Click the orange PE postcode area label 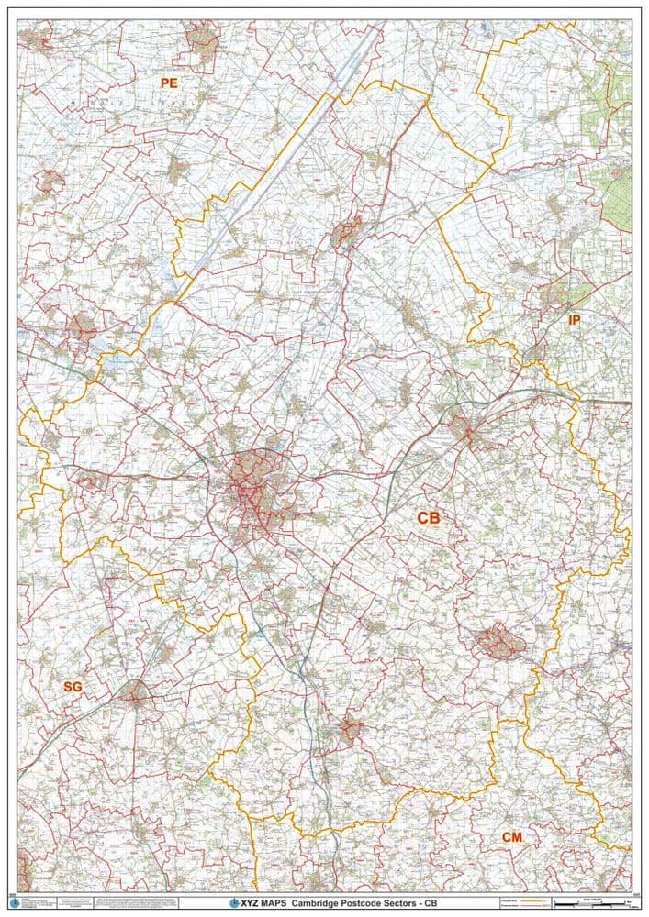[169, 83]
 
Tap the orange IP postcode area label [575, 320]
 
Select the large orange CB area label [429, 518]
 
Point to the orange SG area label [73, 686]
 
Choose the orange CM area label [512, 837]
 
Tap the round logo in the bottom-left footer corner [14, 903]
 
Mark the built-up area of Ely [347, 234]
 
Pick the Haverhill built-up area [500, 642]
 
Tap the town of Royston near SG [135, 692]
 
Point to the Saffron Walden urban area [350, 731]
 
